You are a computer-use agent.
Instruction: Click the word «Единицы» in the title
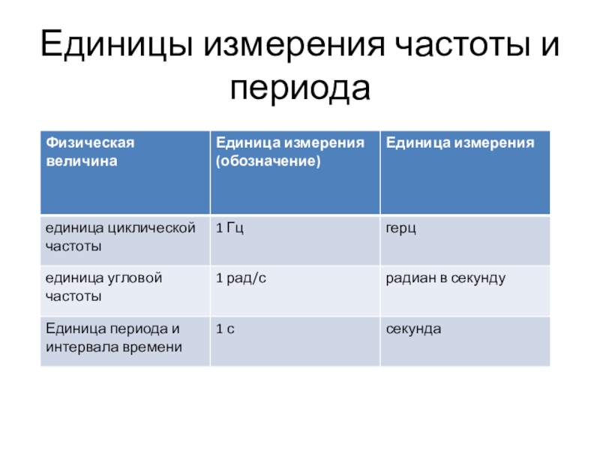pyautogui.click(x=116, y=44)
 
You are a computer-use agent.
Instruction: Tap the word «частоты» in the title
pyautogui.click(x=462, y=45)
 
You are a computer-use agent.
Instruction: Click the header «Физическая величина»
pyautogui.click(x=90, y=152)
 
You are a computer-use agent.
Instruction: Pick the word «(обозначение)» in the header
pyautogui.click(x=268, y=161)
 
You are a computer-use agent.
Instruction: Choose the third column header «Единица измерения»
pyautogui.click(x=460, y=142)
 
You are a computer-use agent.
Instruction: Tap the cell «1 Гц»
pyautogui.click(x=229, y=228)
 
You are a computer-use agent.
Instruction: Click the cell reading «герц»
pyautogui.click(x=400, y=229)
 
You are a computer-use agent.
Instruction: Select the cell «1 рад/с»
pyautogui.click(x=241, y=278)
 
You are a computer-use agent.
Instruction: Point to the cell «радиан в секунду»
pyautogui.click(x=445, y=278)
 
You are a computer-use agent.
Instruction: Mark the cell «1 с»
pyautogui.click(x=225, y=329)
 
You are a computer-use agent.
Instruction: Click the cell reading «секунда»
pyautogui.click(x=413, y=329)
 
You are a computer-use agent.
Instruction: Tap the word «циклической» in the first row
pyautogui.click(x=152, y=229)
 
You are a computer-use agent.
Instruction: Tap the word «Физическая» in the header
pyautogui.click(x=90, y=142)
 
